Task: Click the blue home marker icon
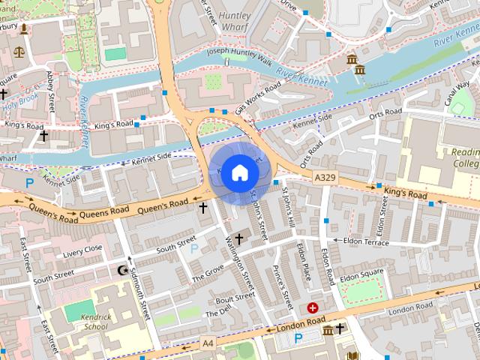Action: click(239, 172)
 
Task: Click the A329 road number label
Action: click(325, 175)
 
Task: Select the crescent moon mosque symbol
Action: click(124, 269)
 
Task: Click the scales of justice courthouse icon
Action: click(19, 53)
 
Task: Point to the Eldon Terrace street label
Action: click(365, 242)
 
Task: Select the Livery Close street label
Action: click(82, 250)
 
